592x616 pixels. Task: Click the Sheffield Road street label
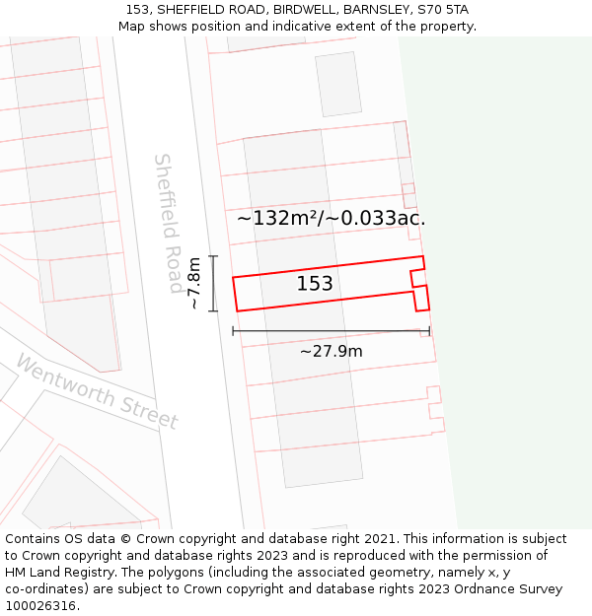pyautogui.click(x=169, y=223)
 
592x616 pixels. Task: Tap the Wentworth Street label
pyautogui.click(x=97, y=392)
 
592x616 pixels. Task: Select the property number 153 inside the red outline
pyautogui.click(x=315, y=284)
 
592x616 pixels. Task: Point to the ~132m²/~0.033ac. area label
pyautogui.click(x=331, y=218)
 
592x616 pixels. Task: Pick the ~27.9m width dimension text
pyautogui.click(x=331, y=351)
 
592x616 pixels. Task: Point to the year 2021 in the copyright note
pyautogui.click(x=379, y=539)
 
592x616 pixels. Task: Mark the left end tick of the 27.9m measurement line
pyautogui.click(x=234, y=331)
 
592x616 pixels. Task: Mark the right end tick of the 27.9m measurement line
pyautogui.click(x=429, y=331)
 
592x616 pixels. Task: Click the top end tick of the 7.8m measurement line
pyautogui.click(x=213, y=256)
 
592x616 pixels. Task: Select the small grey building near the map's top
pyautogui.click(x=338, y=84)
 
